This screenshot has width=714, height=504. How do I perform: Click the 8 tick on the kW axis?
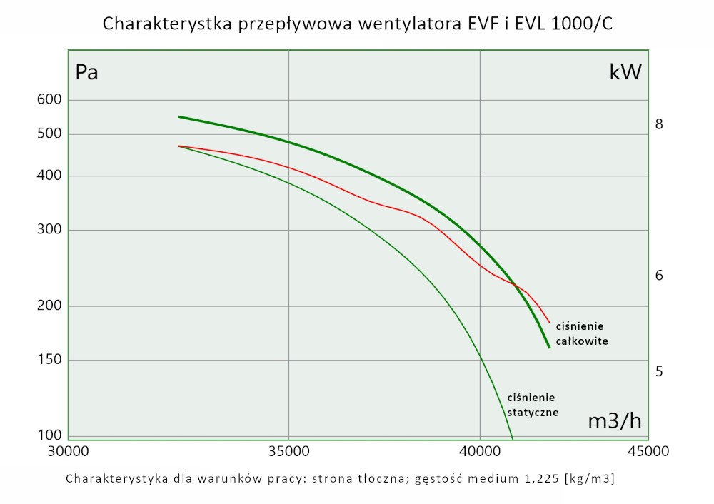(x=660, y=124)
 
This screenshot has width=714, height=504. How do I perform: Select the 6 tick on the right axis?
(x=660, y=275)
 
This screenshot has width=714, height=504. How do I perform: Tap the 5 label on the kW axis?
(x=660, y=371)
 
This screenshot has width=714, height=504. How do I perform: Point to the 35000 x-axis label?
(x=288, y=451)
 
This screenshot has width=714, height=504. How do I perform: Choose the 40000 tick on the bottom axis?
(x=480, y=451)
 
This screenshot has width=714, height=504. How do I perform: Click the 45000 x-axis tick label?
(x=648, y=451)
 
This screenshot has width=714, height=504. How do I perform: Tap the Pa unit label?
(x=86, y=72)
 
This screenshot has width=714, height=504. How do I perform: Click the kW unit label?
(x=625, y=71)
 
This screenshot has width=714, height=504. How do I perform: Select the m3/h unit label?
(x=614, y=421)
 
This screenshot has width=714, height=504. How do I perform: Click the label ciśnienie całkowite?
(x=582, y=334)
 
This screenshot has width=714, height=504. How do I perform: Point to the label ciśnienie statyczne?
(x=532, y=405)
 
